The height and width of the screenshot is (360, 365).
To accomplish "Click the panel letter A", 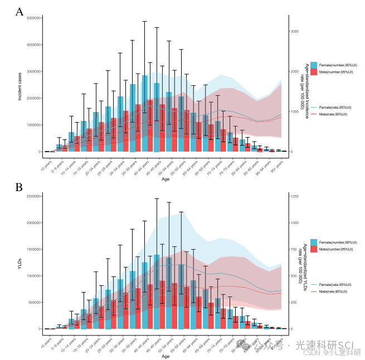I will (20, 12).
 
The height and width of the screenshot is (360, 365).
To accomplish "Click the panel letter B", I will (20, 187).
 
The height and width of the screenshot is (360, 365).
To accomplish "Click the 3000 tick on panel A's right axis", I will (295, 31).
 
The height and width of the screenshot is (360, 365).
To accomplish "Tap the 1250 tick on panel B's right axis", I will (295, 196).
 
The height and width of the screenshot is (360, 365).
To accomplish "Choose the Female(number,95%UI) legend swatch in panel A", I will (314, 65).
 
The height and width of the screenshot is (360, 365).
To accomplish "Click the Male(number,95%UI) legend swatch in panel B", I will (314, 249).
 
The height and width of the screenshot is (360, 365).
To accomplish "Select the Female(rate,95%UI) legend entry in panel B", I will (333, 284).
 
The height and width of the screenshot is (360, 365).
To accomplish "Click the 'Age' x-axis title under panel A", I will (166, 179).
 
